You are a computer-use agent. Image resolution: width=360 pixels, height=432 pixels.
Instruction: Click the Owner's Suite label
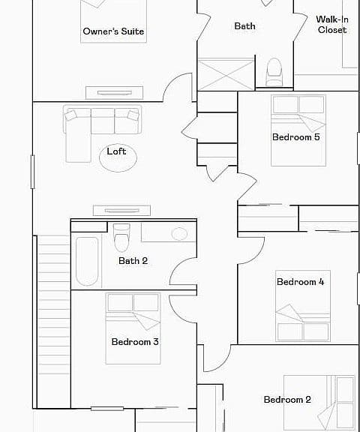(x=113, y=31)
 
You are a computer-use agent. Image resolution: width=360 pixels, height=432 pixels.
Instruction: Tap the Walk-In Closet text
(x=332, y=24)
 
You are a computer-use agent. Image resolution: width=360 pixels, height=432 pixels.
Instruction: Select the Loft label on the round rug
(x=116, y=151)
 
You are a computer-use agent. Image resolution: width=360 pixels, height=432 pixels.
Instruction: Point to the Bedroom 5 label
(x=296, y=137)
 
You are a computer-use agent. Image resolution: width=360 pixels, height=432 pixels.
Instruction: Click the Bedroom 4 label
(x=301, y=282)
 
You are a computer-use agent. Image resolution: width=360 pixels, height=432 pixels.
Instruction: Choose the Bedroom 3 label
(x=135, y=342)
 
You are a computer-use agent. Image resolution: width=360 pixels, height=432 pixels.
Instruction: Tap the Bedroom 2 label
(x=287, y=400)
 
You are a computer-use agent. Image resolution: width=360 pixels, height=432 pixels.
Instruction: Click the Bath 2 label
(x=133, y=261)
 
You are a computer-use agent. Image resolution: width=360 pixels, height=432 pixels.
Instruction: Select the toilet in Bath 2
(x=121, y=238)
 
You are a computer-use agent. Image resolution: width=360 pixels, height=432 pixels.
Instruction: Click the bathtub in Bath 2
(x=87, y=261)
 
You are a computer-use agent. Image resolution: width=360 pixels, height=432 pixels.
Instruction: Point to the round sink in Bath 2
(x=179, y=234)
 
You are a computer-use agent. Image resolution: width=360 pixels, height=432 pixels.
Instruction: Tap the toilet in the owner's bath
(x=274, y=72)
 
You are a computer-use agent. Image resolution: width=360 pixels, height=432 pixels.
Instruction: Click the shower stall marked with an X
(x=226, y=74)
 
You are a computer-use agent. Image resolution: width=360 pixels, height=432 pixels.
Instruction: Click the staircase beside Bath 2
(x=53, y=321)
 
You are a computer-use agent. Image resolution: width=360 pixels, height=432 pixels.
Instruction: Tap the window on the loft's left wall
(x=32, y=172)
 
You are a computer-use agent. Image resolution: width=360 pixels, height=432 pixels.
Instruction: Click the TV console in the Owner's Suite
(x=114, y=93)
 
